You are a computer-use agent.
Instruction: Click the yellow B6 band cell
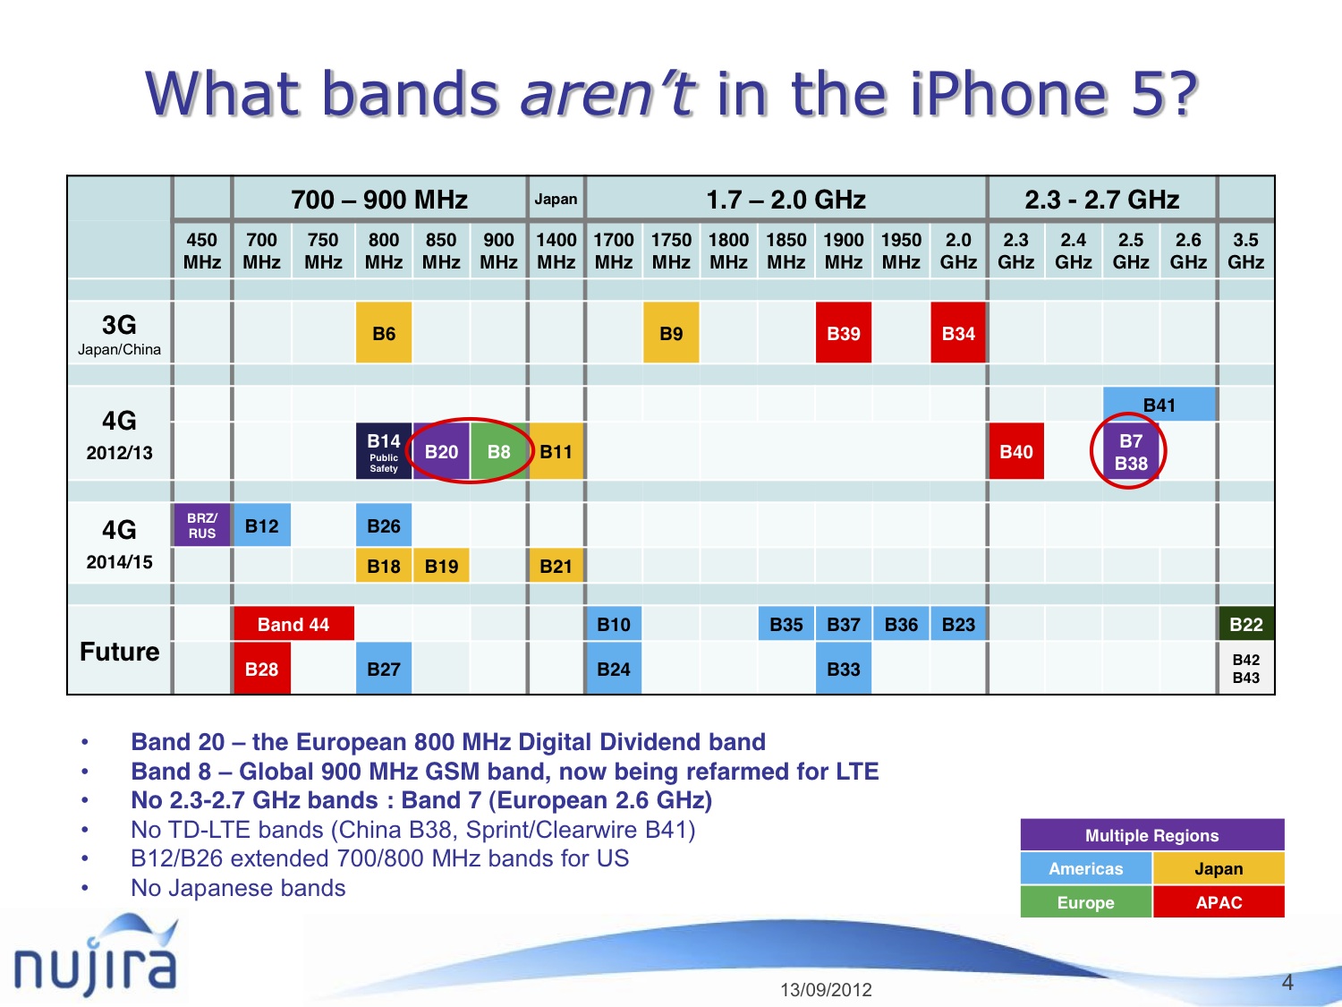pyautogui.click(x=384, y=333)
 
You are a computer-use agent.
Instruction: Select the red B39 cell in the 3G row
pyautogui.click(x=843, y=333)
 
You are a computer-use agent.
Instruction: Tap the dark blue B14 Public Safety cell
pyautogui.click(x=384, y=451)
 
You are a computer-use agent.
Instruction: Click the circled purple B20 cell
pyautogui.click(x=441, y=451)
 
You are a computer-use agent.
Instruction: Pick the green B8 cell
pyautogui.click(x=498, y=451)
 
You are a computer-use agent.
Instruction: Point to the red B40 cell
pyautogui.click(x=1015, y=451)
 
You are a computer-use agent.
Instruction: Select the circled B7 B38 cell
pyautogui.click(x=1130, y=452)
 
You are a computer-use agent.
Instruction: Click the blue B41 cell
pyautogui.click(x=1159, y=405)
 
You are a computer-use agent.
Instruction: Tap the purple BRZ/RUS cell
pyautogui.click(x=201, y=525)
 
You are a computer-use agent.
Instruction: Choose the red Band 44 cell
pyautogui.click(x=293, y=624)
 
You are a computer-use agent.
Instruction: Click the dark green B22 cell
pyautogui.click(x=1245, y=624)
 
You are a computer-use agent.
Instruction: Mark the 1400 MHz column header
pyautogui.click(x=556, y=251)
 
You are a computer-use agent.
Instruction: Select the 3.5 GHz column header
pyautogui.click(x=1245, y=251)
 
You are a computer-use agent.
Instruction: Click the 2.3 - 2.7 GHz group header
pyautogui.click(x=1101, y=199)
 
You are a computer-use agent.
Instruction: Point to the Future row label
pyautogui.click(x=119, y=651)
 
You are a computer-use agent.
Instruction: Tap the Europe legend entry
pyautogui.click(x=1085, y=902)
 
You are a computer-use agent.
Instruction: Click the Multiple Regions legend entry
pyautogui.click(x=1151, y=835)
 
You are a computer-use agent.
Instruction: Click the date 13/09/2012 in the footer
pyautogui.click(x=826, y=989)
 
